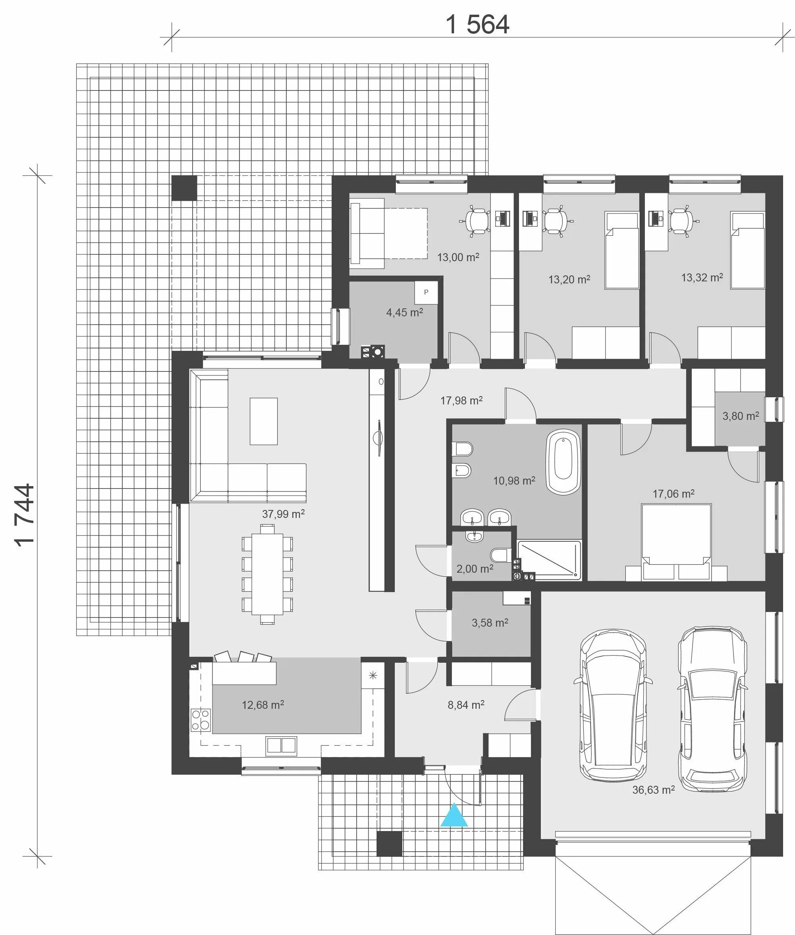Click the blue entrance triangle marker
[x=454, y=815]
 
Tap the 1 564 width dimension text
[x=477, y=24]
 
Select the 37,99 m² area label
[x=283, y=514]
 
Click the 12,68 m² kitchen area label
[x=263, y=704]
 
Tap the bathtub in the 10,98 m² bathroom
[x=563, y=462]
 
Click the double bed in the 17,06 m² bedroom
[x=676, y=542]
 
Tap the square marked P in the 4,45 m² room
[x=426, y=292]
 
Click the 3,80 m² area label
[x=741, y=416]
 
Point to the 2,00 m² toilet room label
[x=475, y=569]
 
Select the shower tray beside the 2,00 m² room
[x=549, y=560]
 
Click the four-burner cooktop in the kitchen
[x=201, y=719]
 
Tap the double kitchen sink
[x=281, y=745]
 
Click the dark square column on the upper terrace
[x=184, y=188]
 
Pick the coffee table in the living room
[x=264, y=421]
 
